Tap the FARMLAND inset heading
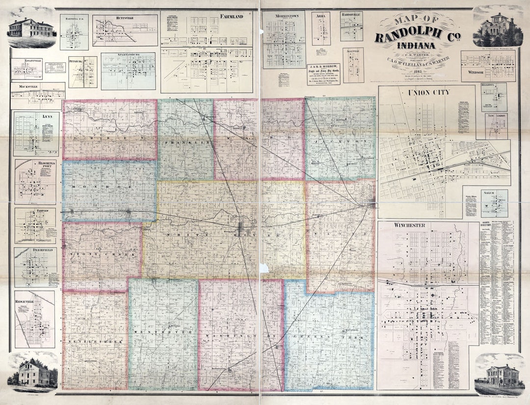[x=231, y=17]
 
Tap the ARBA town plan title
[x=321, y=16]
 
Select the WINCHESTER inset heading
[x=408, y=225]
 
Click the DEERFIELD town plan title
[x=35, y=250]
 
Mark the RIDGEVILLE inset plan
[x=35, y=319]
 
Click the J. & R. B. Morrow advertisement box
[x=323, y=74]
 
